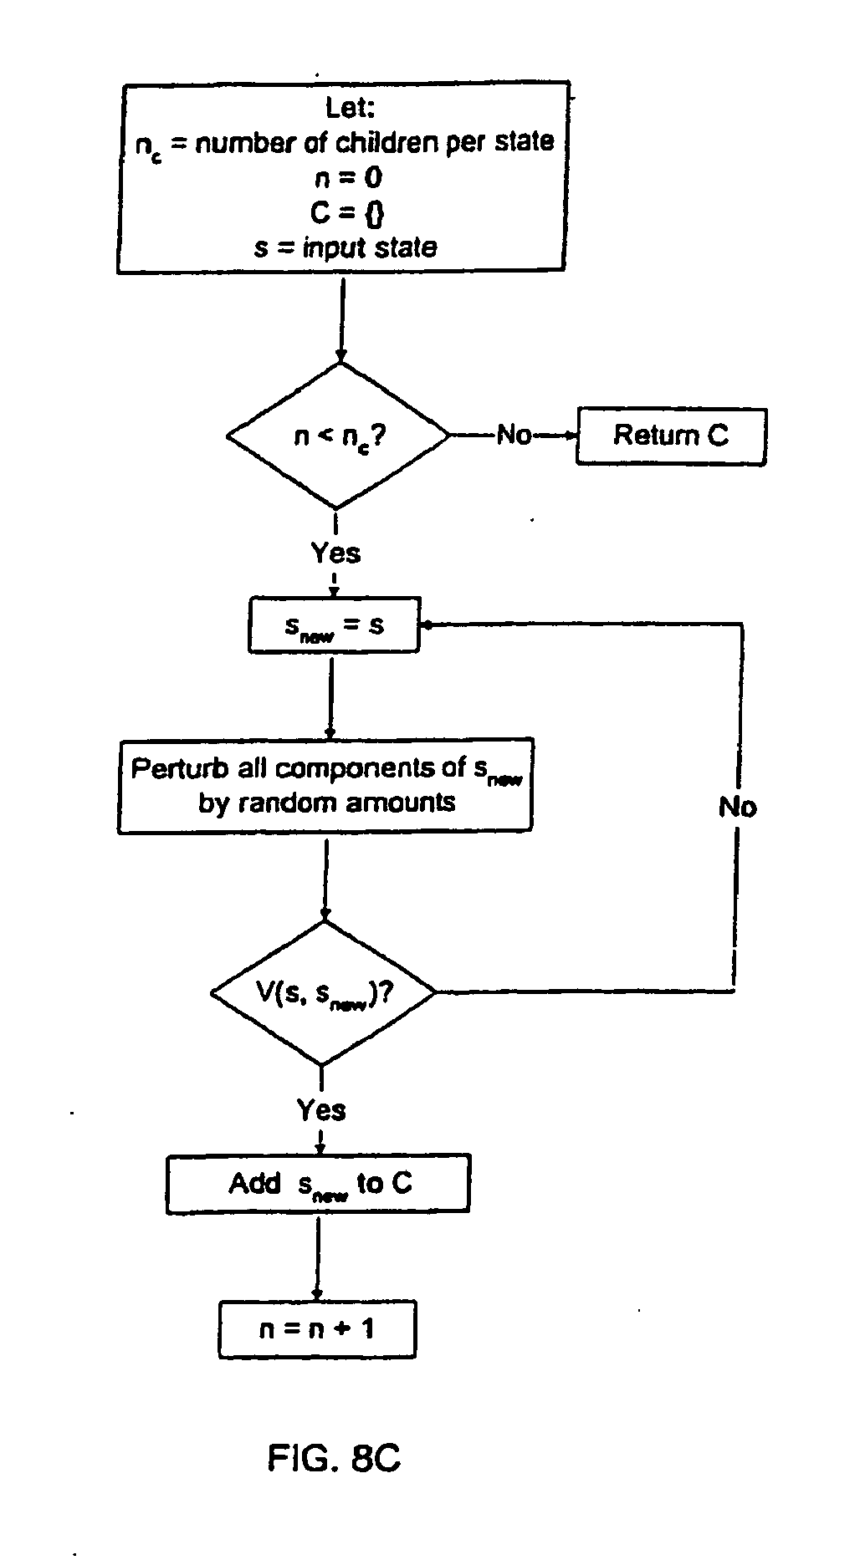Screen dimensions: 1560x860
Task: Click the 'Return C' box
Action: pyautogui.click(x=671, y=436)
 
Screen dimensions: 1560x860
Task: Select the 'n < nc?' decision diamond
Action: pyautogui.click(x=338, y=436)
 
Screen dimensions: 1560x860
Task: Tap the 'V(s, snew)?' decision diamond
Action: pyautogui.click(x=324, y=993)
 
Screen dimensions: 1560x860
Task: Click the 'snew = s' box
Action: pyautogui.click(x=334, y=625)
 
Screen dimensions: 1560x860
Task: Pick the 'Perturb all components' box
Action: pyautogui.click(x=325, y=785)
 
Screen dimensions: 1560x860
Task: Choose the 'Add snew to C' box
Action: pyautogui.click(x=318, y=1183)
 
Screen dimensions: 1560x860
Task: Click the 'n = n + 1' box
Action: pyautogui.click(x=317, y=1328)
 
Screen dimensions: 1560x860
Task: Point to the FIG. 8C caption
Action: pyautogui.click(x=334, y=1458)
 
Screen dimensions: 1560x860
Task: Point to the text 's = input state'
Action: pyautogui.click(x=345, y=248)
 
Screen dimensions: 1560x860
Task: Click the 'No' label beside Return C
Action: pyautogui.click(x=514, y=435)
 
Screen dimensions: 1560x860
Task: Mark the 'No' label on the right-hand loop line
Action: pyautogui.click(x=737, y=807)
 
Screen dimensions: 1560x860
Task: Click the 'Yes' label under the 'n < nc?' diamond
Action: pyautogui.click(x=335, y=553)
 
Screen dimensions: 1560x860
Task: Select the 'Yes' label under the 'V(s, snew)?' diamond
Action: pyautogui.click(x=321, y=1109)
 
